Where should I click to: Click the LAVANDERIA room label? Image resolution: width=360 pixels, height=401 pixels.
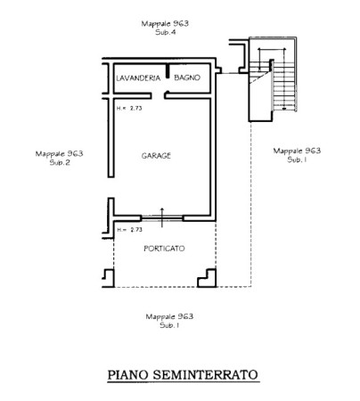[x=138, y=78]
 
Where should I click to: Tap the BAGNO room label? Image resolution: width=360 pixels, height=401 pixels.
[x=187, y=78]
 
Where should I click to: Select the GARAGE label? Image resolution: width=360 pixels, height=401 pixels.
[x=156, y=156]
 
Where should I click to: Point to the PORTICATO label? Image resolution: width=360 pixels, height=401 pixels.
[x=164, y=249]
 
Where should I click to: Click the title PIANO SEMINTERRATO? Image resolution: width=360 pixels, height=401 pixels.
[x=183, y=375]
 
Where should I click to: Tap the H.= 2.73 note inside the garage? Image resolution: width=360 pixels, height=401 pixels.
[x=129, y=108]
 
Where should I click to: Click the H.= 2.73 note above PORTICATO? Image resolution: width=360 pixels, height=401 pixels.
[x=129, y=230]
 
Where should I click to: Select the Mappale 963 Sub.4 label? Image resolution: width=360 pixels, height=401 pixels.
[x=165, y=28]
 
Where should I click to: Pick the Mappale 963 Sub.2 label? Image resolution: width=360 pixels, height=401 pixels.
[x=60, y=158]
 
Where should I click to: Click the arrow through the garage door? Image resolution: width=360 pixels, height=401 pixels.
[x=162, y=217]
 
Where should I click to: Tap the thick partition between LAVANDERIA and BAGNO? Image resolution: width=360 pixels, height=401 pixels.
[x=168, y=71]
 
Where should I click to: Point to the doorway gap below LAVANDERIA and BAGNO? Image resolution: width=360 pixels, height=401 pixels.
[x=158, y=95]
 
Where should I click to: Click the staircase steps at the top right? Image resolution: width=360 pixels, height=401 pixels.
[x=284, y=86]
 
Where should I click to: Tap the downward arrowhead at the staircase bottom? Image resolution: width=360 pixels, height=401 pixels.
[x=284, y=109]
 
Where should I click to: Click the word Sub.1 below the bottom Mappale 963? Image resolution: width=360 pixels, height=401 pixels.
[x=169, y=325]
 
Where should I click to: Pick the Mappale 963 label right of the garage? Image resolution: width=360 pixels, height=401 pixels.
[x=297, y=151]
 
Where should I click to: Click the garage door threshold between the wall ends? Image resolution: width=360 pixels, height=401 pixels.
[x=162, y=218]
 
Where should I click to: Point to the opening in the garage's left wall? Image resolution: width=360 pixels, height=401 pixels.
[x=111, y=188]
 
